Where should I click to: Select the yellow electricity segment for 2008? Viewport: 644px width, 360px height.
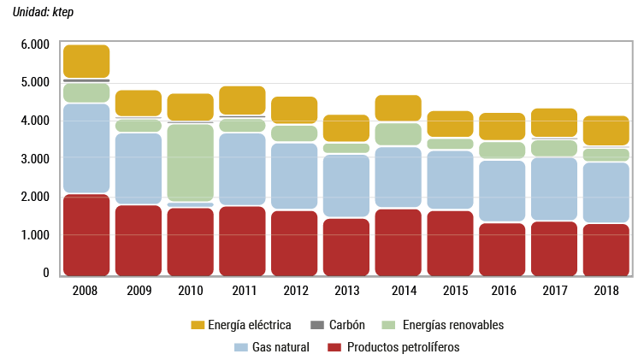pos(86,61)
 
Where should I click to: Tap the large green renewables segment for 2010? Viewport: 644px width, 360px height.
pos(190,162)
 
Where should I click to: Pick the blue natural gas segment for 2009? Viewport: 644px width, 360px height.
pos(139,168)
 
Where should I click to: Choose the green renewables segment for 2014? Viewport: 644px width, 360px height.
pos(398,134)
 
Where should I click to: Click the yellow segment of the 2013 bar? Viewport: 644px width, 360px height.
pos(346,128)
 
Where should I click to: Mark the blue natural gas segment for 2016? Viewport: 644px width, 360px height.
pos(502,192)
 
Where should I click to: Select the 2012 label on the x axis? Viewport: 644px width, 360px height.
pos(294,291)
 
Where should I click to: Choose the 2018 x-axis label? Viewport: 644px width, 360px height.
pos(606,291)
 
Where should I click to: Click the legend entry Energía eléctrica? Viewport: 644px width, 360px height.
pos(253,325)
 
